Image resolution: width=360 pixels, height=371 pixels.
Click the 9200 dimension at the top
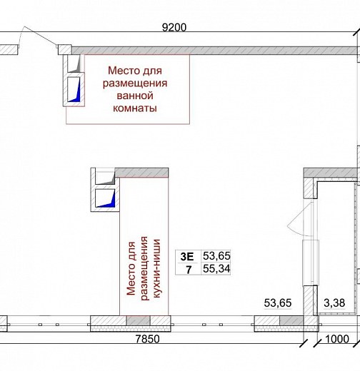click(174, 27)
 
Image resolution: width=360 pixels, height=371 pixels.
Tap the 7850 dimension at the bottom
click(147, 339)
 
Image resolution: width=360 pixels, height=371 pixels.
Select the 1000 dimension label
click(337, 339)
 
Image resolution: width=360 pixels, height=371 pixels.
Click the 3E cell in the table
click(187, 257)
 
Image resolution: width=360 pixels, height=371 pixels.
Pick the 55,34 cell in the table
click(216, 269)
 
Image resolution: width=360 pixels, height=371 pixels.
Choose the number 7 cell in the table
click(189, 270)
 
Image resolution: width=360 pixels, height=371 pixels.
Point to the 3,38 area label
click(334, 303)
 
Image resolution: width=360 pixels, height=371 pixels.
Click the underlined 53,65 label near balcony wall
click(278, 303)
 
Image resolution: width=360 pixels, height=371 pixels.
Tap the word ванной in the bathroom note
click(135, 96)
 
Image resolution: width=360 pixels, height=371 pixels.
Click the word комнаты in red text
click(135, 108)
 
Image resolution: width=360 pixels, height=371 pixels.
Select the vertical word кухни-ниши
click(157, 268)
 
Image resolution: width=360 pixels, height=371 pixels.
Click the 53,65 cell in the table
click(216, 256)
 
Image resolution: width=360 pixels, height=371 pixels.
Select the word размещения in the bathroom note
click(135, 83)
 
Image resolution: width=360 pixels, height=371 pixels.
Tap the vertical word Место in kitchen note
click(131, 268)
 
